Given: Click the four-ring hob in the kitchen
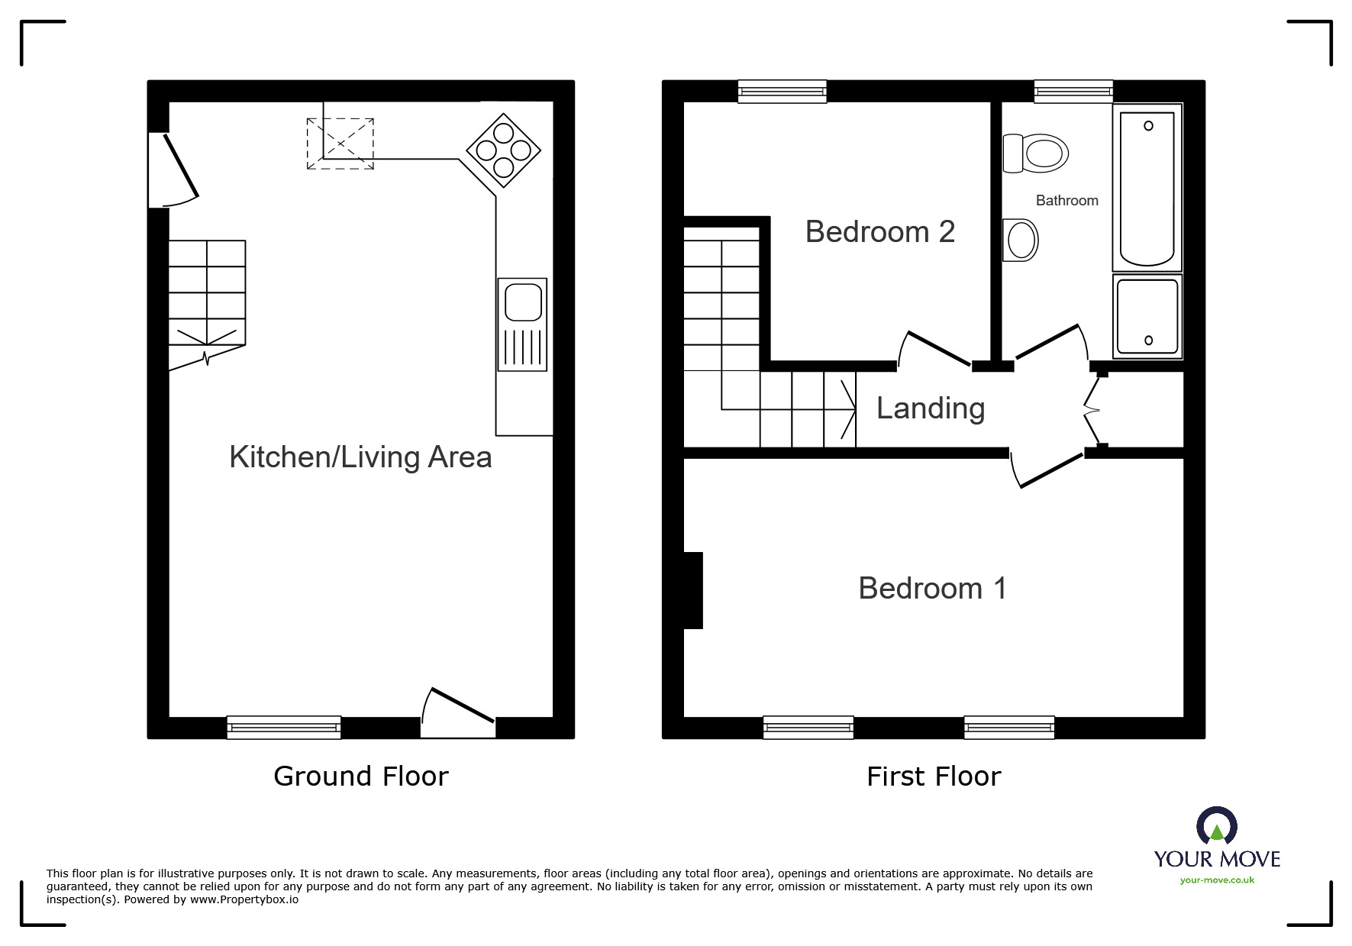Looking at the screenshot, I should pyautogui.click(x=503, y=150).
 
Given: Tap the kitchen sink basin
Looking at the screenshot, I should pyautogui.click(x=523, y=302).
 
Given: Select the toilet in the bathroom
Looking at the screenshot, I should pyautogui.click(x=1035, y=153).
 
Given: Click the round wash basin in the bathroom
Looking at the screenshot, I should pyautogui.click(x=1021, y=240).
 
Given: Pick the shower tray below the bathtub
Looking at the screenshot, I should pyautogui.click(x=1147, y=315).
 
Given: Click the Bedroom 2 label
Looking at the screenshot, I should pyautogui.click(x=879, y=232).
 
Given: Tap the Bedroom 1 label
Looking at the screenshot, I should pyautogui.click(x=932, y=589).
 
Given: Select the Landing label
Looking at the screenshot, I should pyautogui.click(x=930, y=408).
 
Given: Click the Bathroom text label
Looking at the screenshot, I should pyautogui.click(x=1066, y=201).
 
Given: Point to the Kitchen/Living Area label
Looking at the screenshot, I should pyautogui.click(x=360, y=457).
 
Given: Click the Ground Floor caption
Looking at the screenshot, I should pyautogui.click(x=360, y=776).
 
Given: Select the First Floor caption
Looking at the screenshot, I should pyautogui.click(x=933, y=776).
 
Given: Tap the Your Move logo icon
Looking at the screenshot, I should pyautogui.click(x=1216, y=827).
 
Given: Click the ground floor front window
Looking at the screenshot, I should pyautogui.click(x=283, y=728).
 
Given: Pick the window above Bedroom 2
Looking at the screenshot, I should pyautogui.click(x=782, y=92).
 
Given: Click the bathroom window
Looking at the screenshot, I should pyautogui.click(x=1073, y=92).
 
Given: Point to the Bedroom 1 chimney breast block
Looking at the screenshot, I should pyautogui.click(x=692, y=590).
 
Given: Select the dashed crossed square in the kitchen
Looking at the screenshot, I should pyautogui.click(x=340, y=144).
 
